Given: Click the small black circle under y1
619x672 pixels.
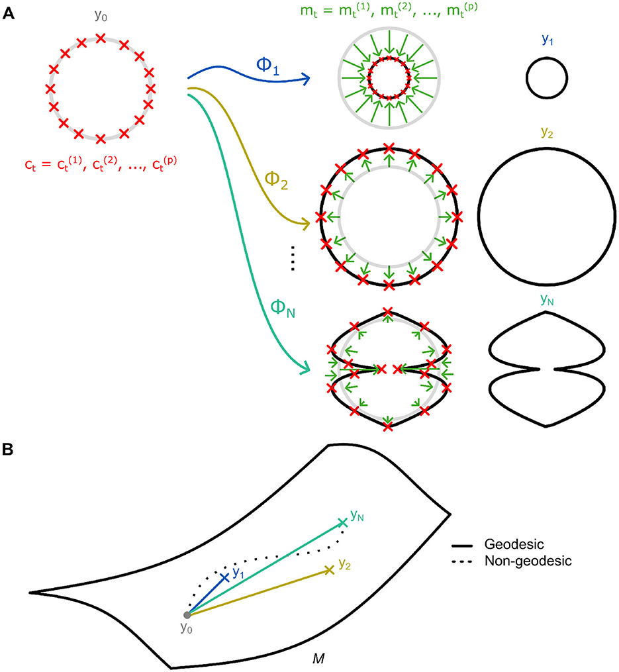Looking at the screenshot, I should tap(546, 79).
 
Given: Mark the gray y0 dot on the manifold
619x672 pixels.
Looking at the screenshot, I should tap(187, 616).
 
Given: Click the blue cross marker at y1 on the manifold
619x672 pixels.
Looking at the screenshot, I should tap(226, 577).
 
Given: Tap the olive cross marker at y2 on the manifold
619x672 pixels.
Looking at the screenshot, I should tap(329, 569).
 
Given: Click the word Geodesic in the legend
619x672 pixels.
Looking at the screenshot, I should tap(514, 544).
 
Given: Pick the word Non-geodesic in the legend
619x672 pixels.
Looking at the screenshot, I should tap(528, 561).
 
